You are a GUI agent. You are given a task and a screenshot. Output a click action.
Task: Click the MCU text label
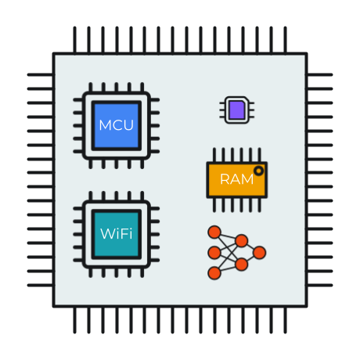(117, 125)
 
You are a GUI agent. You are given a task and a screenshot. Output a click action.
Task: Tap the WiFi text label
(117, 234)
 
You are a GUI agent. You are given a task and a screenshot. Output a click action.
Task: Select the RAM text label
(237, 179)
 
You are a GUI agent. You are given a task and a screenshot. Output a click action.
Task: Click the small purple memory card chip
(237, 110)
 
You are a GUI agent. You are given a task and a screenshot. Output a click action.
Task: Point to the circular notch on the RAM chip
(259, 171)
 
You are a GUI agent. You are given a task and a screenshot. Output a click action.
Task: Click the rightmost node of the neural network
(259, 253)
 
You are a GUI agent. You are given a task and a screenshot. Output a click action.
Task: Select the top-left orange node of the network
(214, 232)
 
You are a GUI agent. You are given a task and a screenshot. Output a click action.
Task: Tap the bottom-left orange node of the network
(214, 273)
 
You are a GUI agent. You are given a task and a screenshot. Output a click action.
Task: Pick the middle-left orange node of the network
(214, 253)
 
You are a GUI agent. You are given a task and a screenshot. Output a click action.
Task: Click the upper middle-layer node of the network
(242, 241)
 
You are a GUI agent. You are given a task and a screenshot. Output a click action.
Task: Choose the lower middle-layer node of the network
(242, 265)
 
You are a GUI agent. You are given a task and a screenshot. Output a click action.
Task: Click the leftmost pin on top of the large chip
(75, 40)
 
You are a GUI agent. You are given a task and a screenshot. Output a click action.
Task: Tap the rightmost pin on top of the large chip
(285, 40)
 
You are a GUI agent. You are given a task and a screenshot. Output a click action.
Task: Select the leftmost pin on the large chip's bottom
(75, 320)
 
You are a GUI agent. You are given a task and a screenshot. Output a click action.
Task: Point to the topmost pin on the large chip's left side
(41, 75)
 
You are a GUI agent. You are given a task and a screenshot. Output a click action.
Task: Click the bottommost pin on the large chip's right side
(320, 285)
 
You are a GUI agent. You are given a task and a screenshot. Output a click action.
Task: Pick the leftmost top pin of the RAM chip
(214, 155)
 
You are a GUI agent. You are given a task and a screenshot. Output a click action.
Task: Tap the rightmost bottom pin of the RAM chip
(259, 205)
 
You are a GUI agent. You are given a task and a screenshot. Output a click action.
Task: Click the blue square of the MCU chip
(117, 125)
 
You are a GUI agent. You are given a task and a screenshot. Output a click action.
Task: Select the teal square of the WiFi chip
(117, 234)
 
